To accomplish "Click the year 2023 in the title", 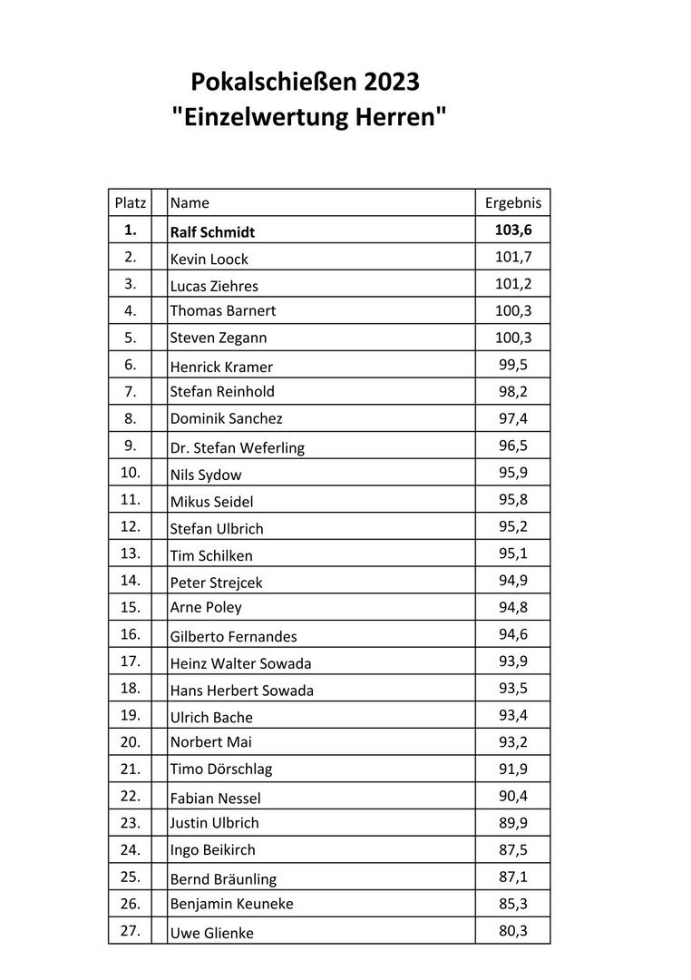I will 392,83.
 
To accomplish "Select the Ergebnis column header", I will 513,203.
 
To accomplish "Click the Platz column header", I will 131,203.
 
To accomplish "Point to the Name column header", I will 190,203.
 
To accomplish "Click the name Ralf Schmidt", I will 213,231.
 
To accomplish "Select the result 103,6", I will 513,230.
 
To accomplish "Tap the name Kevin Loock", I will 209,259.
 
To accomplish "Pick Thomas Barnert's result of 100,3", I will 513,310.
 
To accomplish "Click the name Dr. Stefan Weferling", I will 238,447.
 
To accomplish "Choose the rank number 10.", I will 131,473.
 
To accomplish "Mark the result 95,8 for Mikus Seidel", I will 513,500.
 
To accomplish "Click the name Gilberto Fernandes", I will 234,637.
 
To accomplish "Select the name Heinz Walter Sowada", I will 241,663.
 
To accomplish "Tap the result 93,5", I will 513,689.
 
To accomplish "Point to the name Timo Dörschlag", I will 221,769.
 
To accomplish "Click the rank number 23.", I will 131,822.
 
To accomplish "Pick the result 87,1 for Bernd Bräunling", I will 513,877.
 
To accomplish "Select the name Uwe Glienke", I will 212,932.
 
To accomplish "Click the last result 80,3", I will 513,930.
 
